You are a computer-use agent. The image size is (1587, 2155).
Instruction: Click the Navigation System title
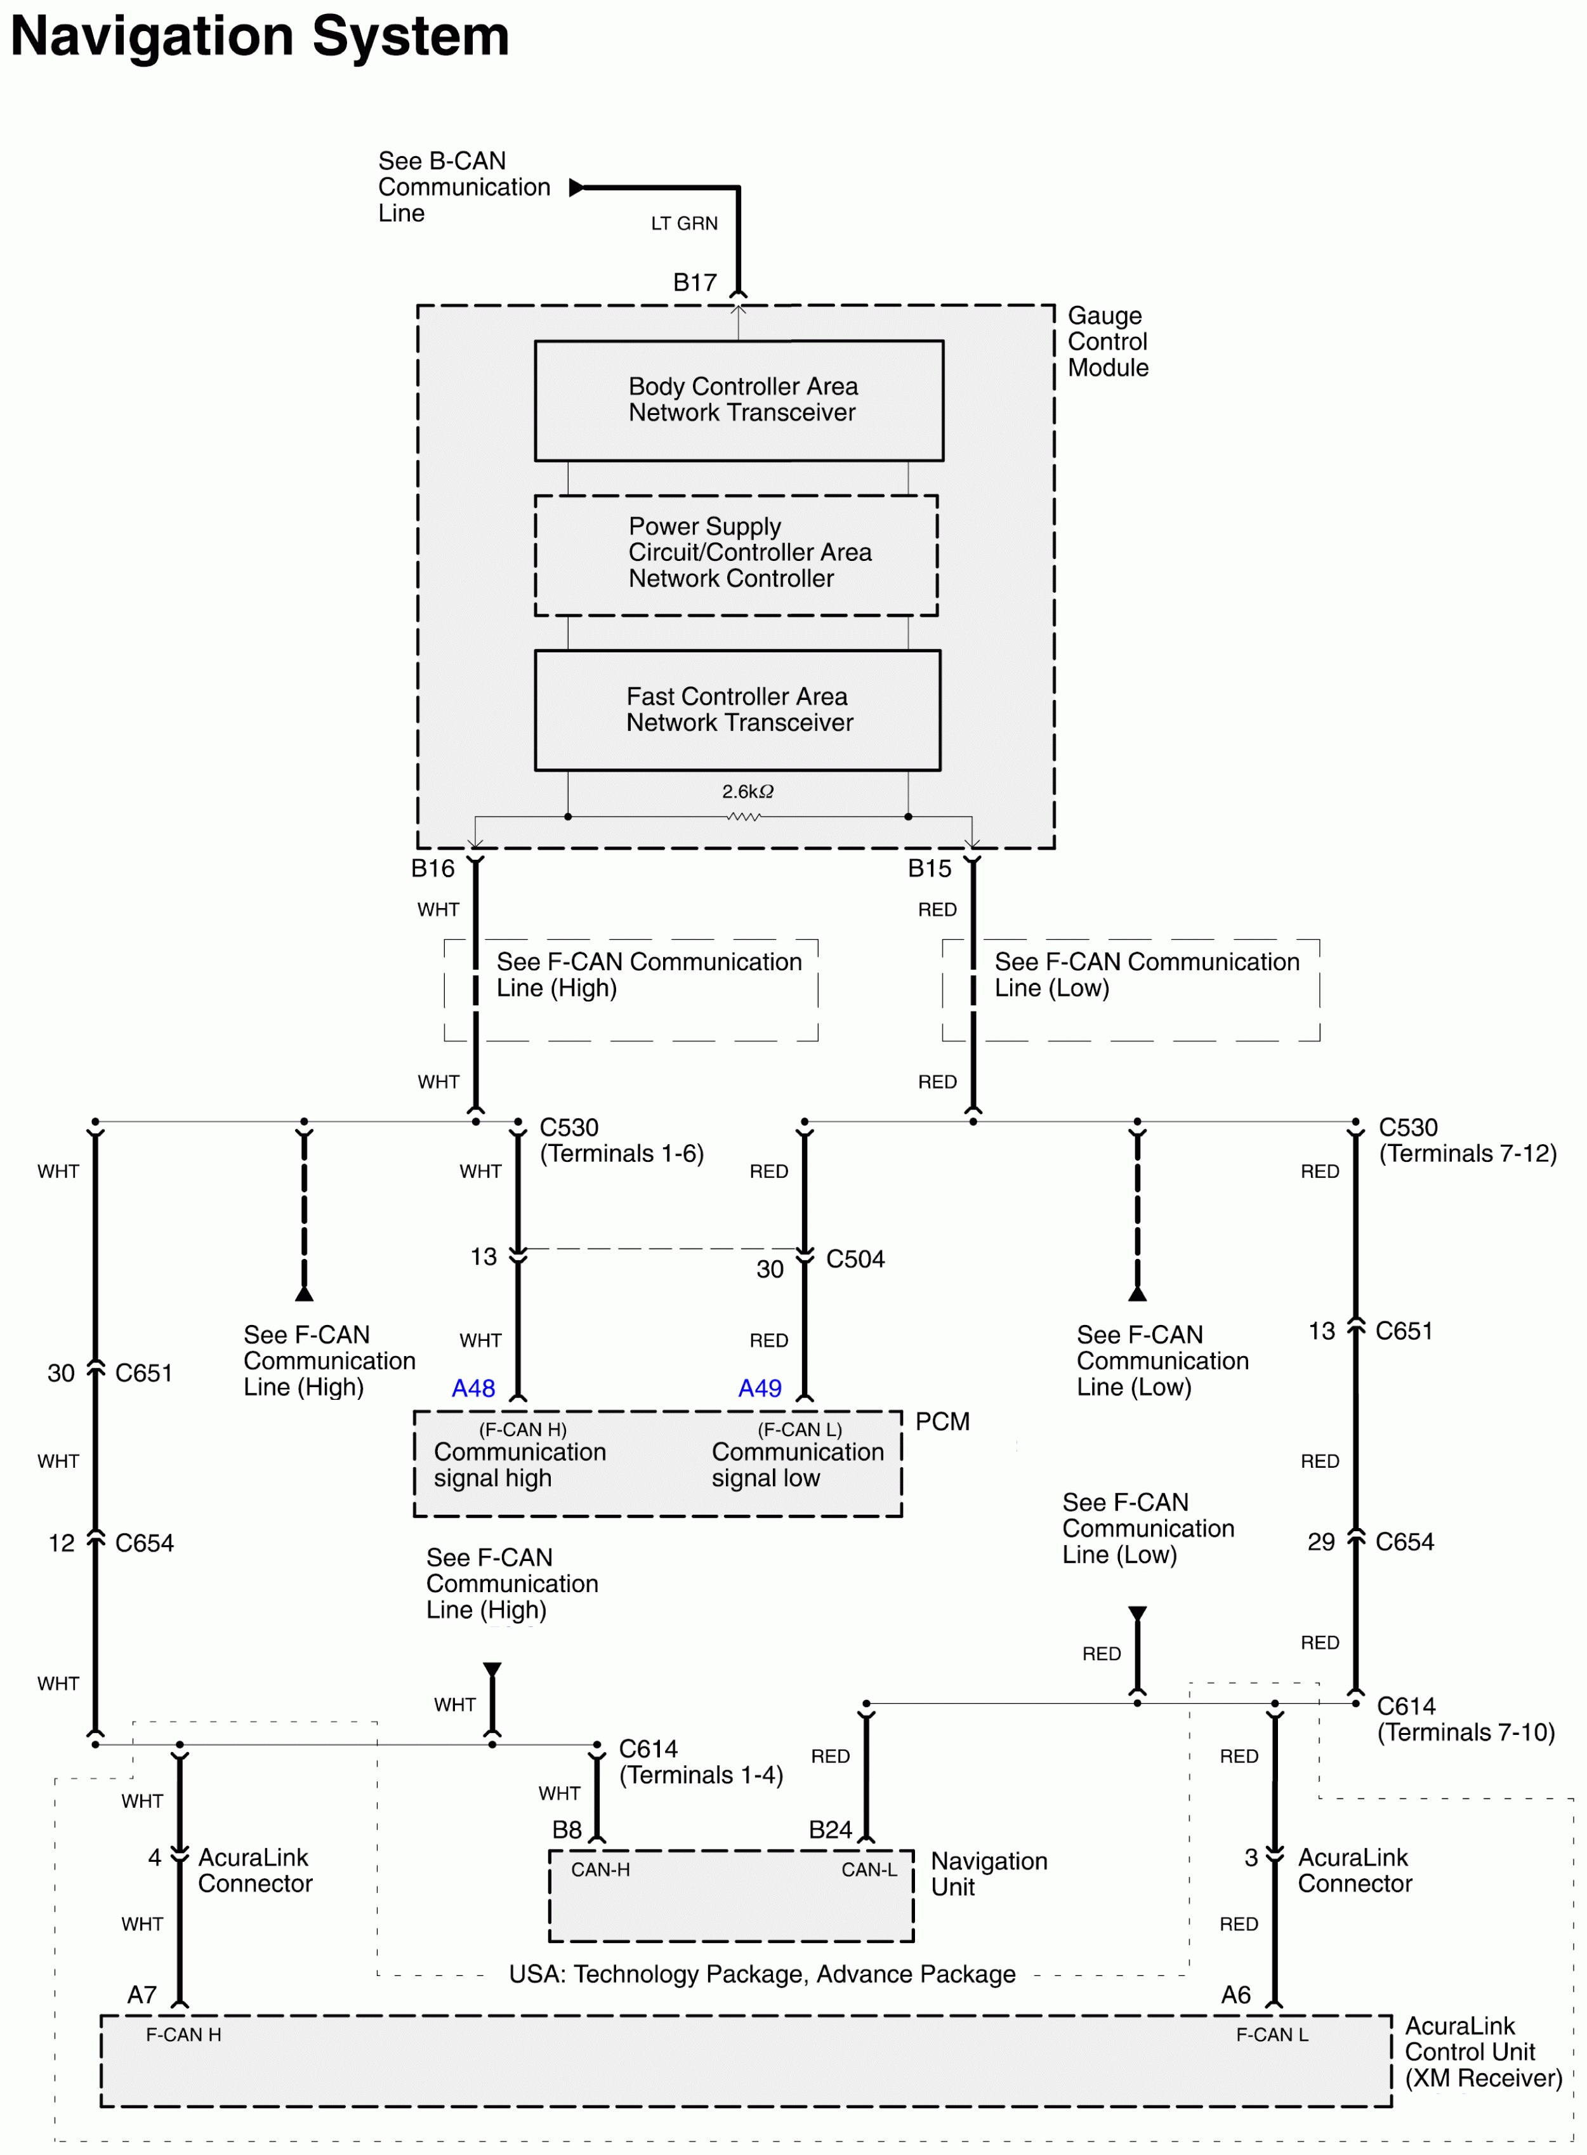[x=260, y=37]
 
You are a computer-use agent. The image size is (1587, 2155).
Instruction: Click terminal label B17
[x=695, y=282]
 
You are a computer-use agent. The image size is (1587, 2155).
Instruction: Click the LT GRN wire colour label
[x=684, y=223]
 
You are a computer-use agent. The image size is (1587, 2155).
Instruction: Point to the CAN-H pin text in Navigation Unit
[x=600, y=1869]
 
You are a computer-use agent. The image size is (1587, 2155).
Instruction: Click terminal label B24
[x=830, y=1829]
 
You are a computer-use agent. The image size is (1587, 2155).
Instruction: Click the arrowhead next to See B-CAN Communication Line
[x=576, y=187]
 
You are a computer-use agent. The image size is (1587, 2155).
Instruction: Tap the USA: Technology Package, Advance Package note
[x=762, y=1974]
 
